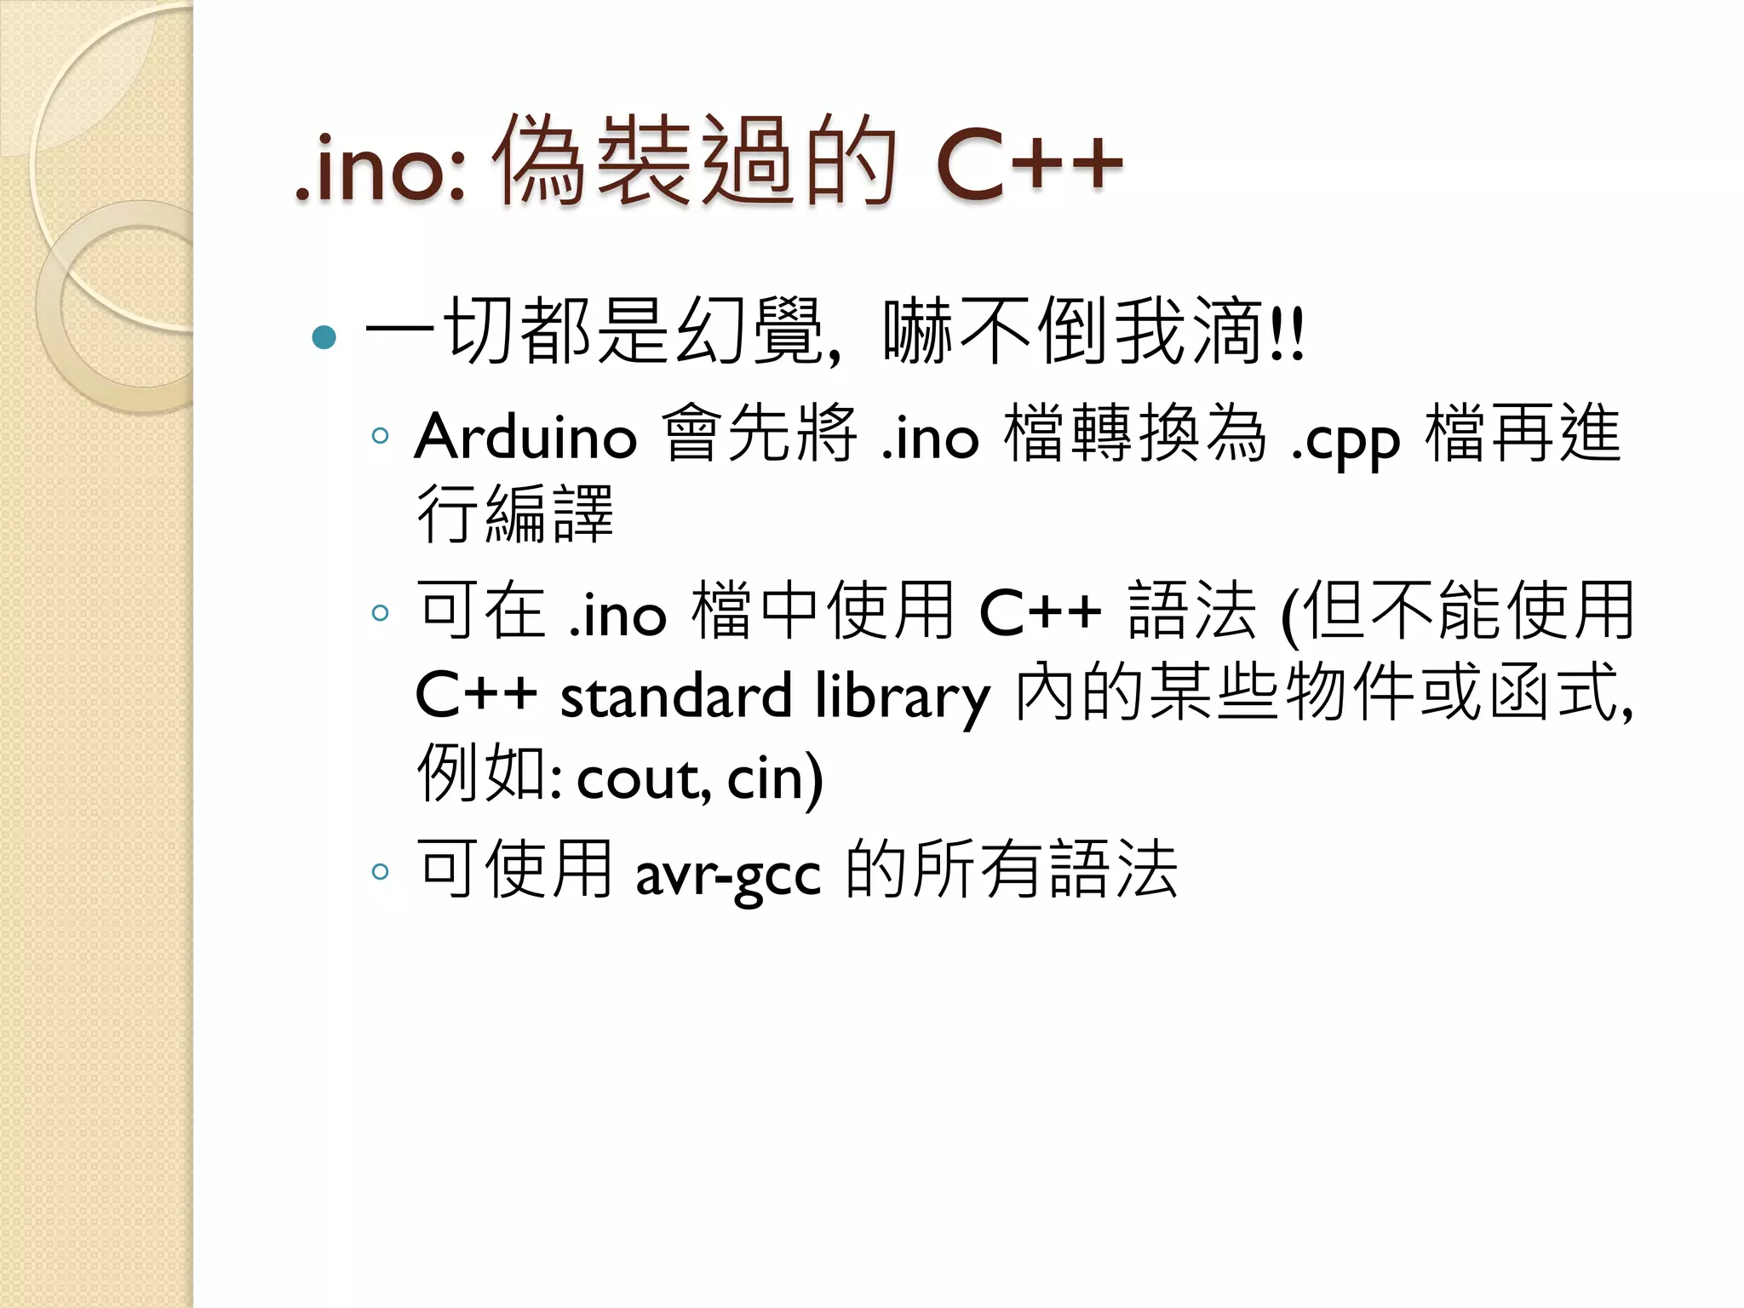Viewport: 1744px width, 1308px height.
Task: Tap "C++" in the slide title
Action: tap(1029, 163)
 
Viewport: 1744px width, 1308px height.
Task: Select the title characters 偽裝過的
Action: tap(694, 162)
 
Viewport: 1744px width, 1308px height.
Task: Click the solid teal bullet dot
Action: tap(324, 337)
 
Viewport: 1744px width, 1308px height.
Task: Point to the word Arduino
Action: tap(525, 437)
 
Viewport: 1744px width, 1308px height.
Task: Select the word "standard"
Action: tap(675, 695)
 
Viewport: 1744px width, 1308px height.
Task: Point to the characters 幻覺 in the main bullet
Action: tap(749, 332)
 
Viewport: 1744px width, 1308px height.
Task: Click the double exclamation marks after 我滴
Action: tap(1286, 335)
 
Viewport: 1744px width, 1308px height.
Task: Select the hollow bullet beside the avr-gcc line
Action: tap(380, 871)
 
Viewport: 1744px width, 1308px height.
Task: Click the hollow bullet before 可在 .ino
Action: tap(380, 612)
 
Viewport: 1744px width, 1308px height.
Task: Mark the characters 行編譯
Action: tap(514, 514)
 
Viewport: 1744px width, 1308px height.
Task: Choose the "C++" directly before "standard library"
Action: tap(475, 695)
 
